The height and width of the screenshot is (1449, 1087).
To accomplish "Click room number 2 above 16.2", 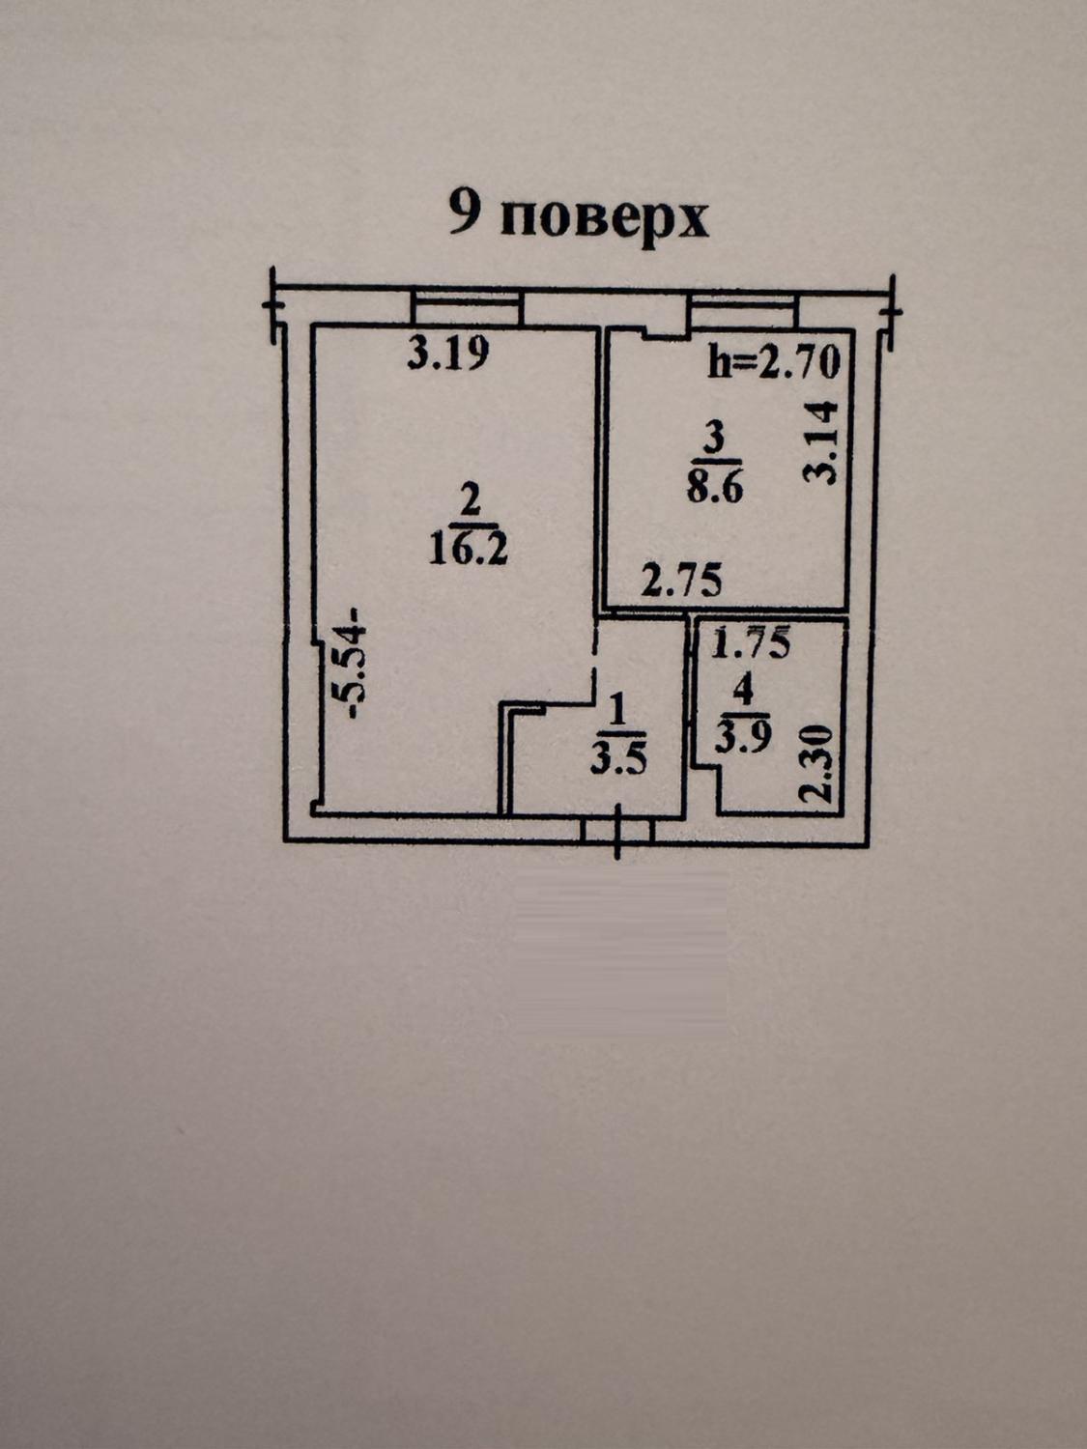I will pos(470,502).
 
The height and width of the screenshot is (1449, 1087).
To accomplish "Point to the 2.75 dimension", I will pos(682,582).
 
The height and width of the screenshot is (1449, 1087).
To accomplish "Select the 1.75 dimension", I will pos(751,641).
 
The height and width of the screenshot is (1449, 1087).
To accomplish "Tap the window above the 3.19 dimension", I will pos(466,309).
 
